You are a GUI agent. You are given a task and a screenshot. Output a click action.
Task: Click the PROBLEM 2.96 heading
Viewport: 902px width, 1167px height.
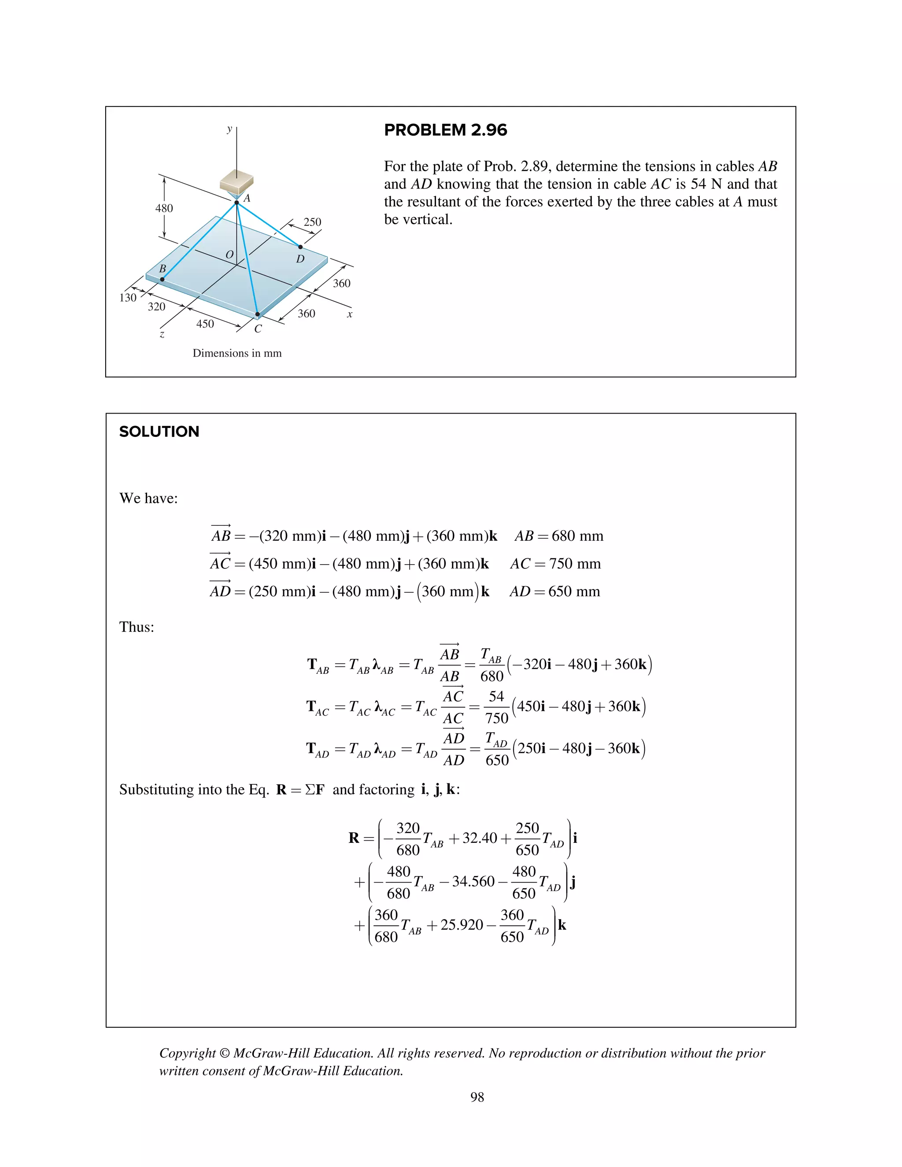(x=445, y=130)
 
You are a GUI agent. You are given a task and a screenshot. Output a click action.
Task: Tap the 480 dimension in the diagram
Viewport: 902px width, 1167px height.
(x=164, y=208)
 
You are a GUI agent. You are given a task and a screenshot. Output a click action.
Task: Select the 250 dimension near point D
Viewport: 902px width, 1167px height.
(x=312, y=222)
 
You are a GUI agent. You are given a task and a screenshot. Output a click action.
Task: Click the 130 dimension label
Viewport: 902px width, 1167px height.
(x=128, y=298)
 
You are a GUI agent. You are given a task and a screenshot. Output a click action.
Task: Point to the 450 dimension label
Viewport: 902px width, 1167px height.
(x=205, y=324)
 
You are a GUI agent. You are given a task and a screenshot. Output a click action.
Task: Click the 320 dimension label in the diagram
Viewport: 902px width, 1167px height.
(x=156, y=307)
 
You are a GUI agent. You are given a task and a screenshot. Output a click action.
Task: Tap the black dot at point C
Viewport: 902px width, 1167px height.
(x=258, y=315)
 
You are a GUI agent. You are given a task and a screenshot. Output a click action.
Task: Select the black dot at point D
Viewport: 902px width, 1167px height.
(x=300, y=247)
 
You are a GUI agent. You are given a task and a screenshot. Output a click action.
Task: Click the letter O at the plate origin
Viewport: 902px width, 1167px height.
(x=229, y=255)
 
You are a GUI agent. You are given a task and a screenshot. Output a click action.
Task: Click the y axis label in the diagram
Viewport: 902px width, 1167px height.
(x=229, y=128)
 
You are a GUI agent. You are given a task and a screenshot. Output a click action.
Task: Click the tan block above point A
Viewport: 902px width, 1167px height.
(x=237, y=180)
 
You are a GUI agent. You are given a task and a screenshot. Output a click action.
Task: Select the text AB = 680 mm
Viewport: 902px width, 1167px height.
(x=558, y=536)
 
